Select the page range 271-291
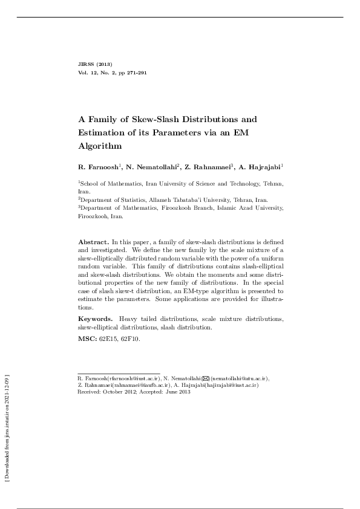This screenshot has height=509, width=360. [136, 73]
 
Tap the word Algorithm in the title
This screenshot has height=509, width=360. [100, 146]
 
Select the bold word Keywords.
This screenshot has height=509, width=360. [95, 318]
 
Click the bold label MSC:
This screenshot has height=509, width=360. [87, 339]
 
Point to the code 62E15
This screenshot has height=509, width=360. [109, 339]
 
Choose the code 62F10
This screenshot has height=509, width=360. [131, 339]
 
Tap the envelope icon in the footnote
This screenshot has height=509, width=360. [206, 378]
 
